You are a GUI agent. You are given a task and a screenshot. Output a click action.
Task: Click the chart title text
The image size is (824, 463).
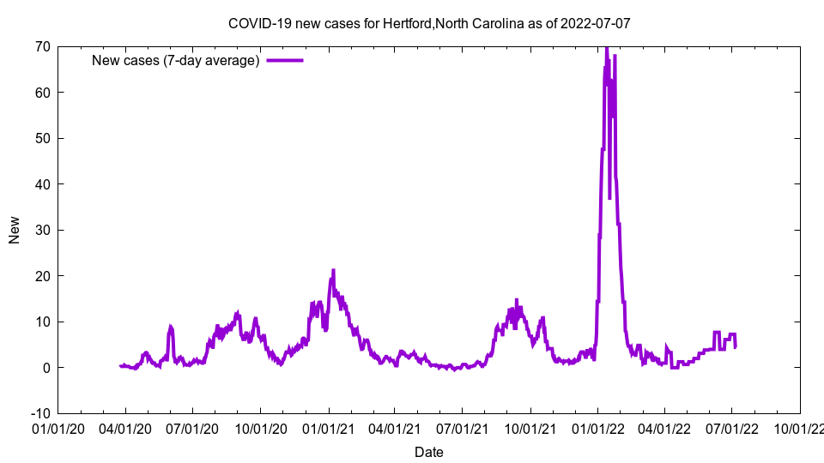428,23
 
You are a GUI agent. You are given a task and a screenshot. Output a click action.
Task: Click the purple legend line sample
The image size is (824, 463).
285,60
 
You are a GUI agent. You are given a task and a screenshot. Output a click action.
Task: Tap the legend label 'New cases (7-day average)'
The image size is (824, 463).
176,60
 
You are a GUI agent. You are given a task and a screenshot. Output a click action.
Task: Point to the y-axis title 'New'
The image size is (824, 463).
15,230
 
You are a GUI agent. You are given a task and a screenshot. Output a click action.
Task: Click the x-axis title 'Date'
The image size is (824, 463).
428,452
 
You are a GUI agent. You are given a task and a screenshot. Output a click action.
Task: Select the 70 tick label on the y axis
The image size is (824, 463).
42,46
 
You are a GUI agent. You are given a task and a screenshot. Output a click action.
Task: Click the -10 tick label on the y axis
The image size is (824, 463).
39,413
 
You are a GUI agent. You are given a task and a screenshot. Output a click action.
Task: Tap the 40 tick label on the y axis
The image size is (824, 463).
42,184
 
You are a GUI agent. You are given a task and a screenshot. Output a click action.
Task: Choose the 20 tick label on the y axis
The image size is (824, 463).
42,276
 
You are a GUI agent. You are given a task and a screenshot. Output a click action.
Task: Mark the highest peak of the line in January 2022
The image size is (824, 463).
606,48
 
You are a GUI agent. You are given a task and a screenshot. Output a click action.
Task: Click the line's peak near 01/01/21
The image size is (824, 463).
333,270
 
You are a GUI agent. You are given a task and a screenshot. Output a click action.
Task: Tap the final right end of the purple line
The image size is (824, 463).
735,346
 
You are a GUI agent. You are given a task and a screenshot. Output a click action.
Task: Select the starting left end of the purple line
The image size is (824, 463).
120,366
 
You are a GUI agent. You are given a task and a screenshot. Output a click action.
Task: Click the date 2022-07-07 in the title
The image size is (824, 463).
596,23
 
